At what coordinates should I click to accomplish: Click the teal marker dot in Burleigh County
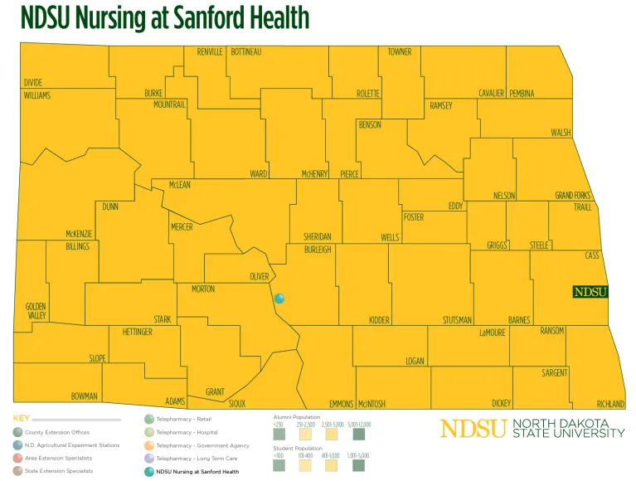[279, 299]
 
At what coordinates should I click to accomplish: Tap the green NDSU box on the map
[590, 292]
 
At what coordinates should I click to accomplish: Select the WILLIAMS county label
[36, 95]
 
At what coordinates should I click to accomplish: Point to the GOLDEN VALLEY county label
[36, 311]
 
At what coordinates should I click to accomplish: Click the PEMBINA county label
[522, 93]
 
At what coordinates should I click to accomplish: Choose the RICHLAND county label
[610, 404]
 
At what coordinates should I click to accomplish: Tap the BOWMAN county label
[85, 396]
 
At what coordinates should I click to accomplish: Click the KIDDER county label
[379, 320]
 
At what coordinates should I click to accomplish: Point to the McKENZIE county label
[79, 234]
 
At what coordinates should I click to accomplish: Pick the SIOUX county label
[237, 403]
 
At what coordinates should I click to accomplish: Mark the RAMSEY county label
[441, 106]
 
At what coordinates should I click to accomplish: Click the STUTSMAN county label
[457, 320]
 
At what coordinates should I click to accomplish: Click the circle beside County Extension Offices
[17, 432]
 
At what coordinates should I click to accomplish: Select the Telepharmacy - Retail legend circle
[149, 420]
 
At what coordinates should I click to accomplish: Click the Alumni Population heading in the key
[296, 416]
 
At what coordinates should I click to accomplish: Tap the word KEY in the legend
[21, 419]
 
